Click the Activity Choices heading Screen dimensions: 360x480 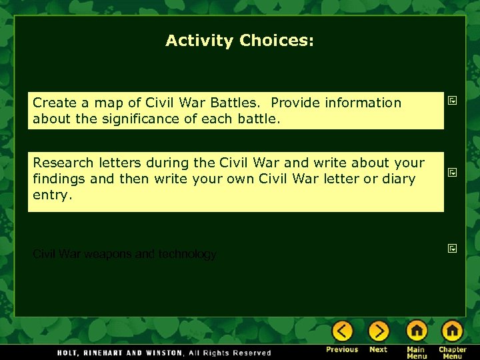tap(239, 41)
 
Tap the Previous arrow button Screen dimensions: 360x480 tap(343, 331)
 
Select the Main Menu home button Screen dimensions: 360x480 tap(416, 331)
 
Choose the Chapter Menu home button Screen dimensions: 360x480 tap(452, 331)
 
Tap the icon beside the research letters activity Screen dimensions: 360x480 tap(451, 172)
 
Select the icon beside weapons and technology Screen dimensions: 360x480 tap(451, 249)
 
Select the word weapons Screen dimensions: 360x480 tap(106, 254)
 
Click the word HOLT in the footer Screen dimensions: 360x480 tap(67, 353)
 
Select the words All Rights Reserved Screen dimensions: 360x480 tap(230, 353)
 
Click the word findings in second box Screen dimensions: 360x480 tap(58, 179)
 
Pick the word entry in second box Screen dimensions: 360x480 tap(50, 195)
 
